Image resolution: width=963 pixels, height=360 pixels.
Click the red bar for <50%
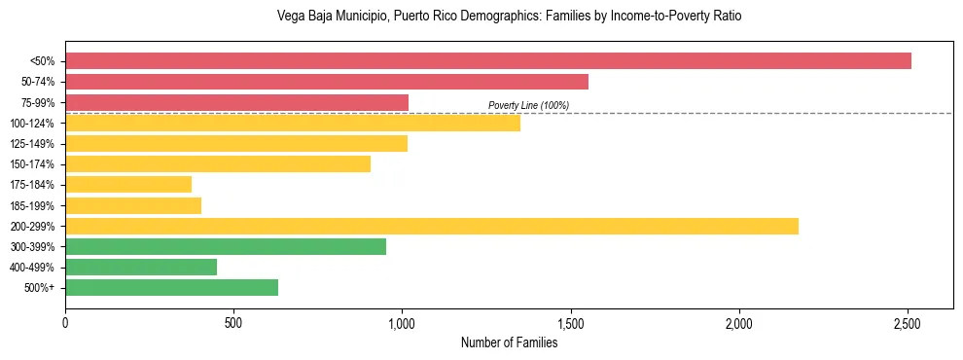(x=487, y=61)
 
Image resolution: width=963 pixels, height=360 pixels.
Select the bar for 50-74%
(x=326, y=82)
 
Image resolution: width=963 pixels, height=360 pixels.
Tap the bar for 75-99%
(x=236, y=102)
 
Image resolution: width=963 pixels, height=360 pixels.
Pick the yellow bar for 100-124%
(x=292, y=123)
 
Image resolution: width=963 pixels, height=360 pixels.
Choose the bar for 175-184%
(x=128, y=185)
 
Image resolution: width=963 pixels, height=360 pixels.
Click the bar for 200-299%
(x=431, y=227)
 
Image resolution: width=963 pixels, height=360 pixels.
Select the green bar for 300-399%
(x=226, y=247)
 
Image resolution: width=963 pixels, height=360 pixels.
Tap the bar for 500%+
(x=171, y=288)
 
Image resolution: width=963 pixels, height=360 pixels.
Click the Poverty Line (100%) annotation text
(x=528, y=105)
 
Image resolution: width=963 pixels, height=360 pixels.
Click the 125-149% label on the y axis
(x=32, y=144)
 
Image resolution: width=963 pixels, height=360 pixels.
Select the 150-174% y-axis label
(x=32, y=164)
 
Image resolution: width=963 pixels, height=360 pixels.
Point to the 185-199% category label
(x=32, y=206)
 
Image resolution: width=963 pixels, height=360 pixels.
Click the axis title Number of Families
(x=509, y=342)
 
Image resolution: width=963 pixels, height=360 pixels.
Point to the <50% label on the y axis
(x=42, y=61)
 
